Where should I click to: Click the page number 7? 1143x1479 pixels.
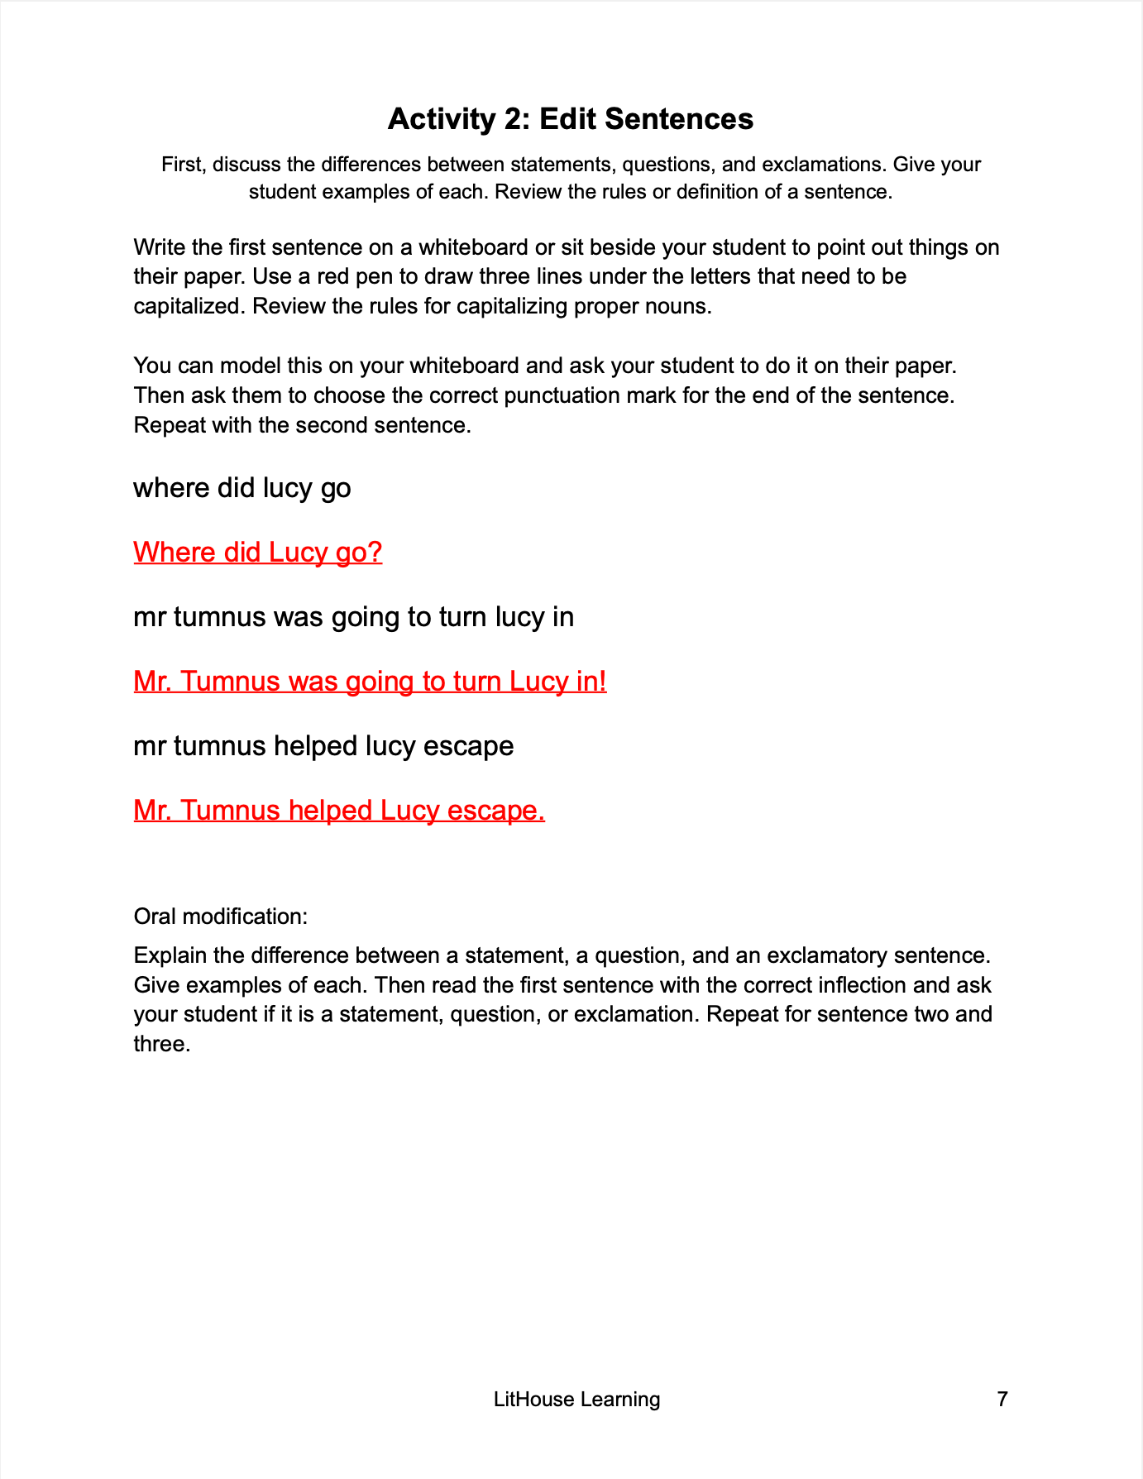[1002, 1399]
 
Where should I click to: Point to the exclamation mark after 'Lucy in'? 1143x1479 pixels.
[603, 681]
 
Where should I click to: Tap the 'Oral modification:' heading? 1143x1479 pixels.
[221, 917]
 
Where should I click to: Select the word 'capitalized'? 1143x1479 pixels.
[188, 306]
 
